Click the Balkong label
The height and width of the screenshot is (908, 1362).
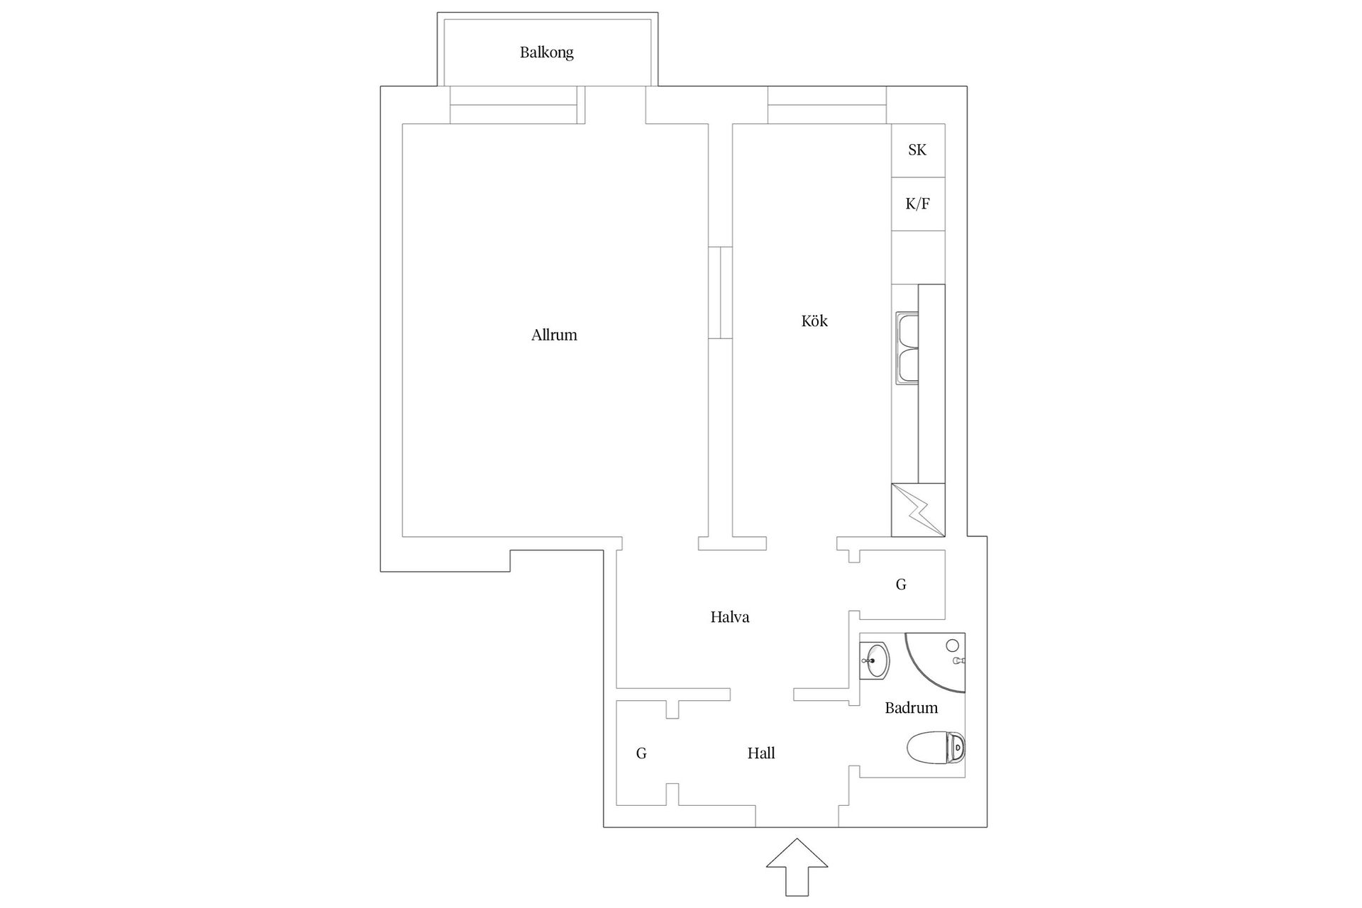(x=546, y=52)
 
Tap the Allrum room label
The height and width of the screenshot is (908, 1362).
(x=554, y=335)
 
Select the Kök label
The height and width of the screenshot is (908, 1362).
(x=814, y=321)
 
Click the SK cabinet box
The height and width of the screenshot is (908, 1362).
(x=918, y=150)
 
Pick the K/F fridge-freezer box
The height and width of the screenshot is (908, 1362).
(x=918, y=204)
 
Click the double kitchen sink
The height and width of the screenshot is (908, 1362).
(x=907, y=349)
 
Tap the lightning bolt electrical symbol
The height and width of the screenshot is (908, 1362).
(x=918, y=509)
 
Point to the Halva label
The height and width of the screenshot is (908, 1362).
(x=730, y=617)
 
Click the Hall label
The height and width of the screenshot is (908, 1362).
(x=761, y=753)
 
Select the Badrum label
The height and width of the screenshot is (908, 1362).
(x=912, y=708)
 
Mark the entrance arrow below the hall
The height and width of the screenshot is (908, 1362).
(x=797, y=867)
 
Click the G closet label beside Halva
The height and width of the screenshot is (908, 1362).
(x=901, y=585)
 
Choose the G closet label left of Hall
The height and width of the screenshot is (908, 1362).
(x=641, y=753)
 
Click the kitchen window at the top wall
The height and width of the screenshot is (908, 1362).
(x=827, y=105)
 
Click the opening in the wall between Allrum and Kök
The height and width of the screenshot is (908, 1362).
(x=720, y=292)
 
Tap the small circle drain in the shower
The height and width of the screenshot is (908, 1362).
(x=953, y=645)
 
